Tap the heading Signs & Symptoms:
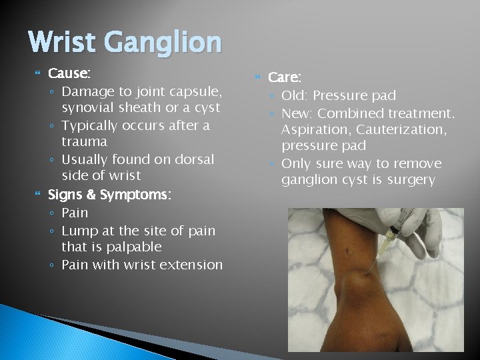pos(109,195)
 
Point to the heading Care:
pos(285,77)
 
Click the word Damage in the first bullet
pos(87,91)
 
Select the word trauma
pos(84,141)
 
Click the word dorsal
pos(192,159)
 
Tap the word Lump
pos(77,231)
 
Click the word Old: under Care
pos(295,95)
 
